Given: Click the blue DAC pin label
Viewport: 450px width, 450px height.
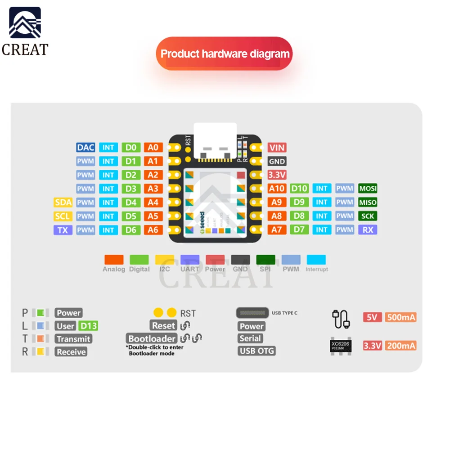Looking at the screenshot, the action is click(x=85, y=147).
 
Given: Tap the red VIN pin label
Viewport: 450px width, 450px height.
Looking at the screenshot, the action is click(x=277, y=147).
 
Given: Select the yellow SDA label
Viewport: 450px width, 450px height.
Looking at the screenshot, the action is click(x=63, y=202).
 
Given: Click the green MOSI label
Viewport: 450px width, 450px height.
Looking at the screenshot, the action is click(x=368, y=189).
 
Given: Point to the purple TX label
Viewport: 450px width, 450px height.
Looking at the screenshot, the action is click(x=63, y=230).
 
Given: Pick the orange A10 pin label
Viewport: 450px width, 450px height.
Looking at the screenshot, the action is click(x=277, y=189).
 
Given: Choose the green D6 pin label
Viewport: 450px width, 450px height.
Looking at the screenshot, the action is click(x=131, y=230).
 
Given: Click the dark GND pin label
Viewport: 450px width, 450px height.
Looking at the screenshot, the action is click(x=277, y=161).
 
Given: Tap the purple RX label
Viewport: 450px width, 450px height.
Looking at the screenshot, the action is click(x=368, y=230).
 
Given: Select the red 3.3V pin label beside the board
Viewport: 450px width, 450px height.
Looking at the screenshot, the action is click(x=277, y=175).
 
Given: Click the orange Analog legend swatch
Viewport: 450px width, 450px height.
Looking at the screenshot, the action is click(x=114, y=260).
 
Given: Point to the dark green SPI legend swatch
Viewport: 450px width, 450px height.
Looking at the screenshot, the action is click(x=265, y=260).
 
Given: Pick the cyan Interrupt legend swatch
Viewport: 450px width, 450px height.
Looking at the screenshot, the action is click(x=316, y=260).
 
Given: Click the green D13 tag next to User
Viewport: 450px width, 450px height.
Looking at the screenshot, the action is click(x=88, y=326).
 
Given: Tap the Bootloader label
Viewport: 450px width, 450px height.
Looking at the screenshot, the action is click(x=151, y=338).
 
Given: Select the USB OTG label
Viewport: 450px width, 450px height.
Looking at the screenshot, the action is click(x=256, y=351).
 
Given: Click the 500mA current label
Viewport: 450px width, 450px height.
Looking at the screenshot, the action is click(x=400, y=317).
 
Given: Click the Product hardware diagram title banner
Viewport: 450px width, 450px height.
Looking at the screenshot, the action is click(x=225, y=54).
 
